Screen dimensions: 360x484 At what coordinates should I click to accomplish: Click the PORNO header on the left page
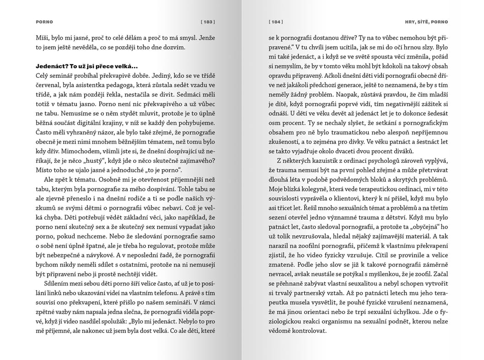click(44, 21)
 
